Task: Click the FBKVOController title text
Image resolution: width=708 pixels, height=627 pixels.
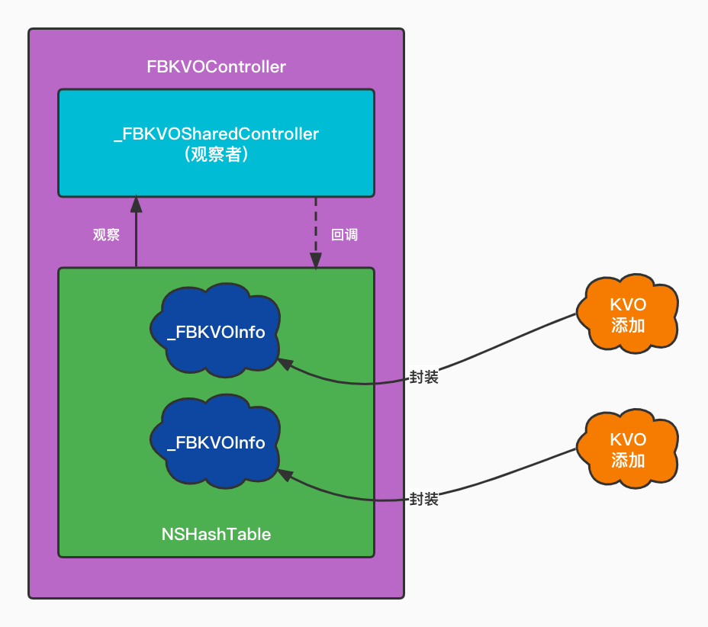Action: point(216,67)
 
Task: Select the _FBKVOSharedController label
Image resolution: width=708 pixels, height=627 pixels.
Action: point(216,134)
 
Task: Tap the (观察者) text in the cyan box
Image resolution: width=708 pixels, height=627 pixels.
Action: point(216,155)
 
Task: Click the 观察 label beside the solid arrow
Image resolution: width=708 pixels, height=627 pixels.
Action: point(106,235)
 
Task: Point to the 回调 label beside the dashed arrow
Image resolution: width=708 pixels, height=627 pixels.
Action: point(344,235)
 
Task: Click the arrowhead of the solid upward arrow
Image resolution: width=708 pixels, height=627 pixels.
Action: point(136,203)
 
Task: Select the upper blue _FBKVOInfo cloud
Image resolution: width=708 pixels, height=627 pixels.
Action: point(216,331)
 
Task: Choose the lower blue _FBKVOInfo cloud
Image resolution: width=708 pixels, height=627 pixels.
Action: point(216,442)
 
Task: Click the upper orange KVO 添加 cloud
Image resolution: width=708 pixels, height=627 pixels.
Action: point(628,315)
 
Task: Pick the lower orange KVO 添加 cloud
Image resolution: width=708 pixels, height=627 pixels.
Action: point(628,449)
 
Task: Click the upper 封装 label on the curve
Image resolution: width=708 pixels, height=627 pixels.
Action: point(423,377)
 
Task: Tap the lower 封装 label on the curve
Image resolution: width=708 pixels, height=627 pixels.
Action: point(423,500)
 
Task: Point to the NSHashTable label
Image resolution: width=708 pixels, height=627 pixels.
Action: point(216,534)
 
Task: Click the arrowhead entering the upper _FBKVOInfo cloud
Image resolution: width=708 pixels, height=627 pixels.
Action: point(283,364)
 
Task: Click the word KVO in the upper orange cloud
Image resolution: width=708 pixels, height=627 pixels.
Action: point(628,305)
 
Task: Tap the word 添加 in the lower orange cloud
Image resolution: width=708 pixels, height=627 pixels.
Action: point(628,460)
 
